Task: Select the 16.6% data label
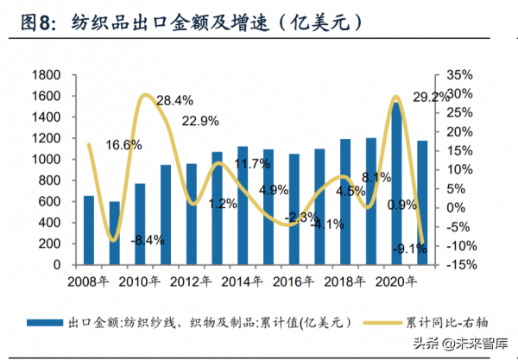coord(123,145)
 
